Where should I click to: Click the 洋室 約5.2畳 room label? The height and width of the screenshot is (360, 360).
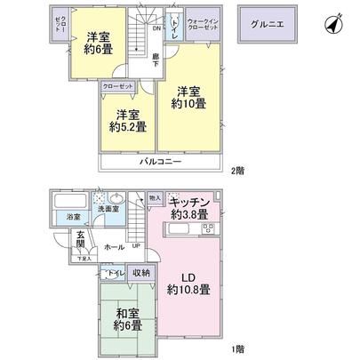[124, 120]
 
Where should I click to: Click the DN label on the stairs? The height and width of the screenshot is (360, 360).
[156, 28]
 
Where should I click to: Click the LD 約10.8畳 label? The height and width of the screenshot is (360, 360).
[188, 284]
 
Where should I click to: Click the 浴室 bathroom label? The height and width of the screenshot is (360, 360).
[71, 216]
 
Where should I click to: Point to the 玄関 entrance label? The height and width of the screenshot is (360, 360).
[79, 239]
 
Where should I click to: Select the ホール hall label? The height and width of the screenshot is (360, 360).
[113, 244]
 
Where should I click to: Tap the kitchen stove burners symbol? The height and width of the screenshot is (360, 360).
[210, 229]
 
